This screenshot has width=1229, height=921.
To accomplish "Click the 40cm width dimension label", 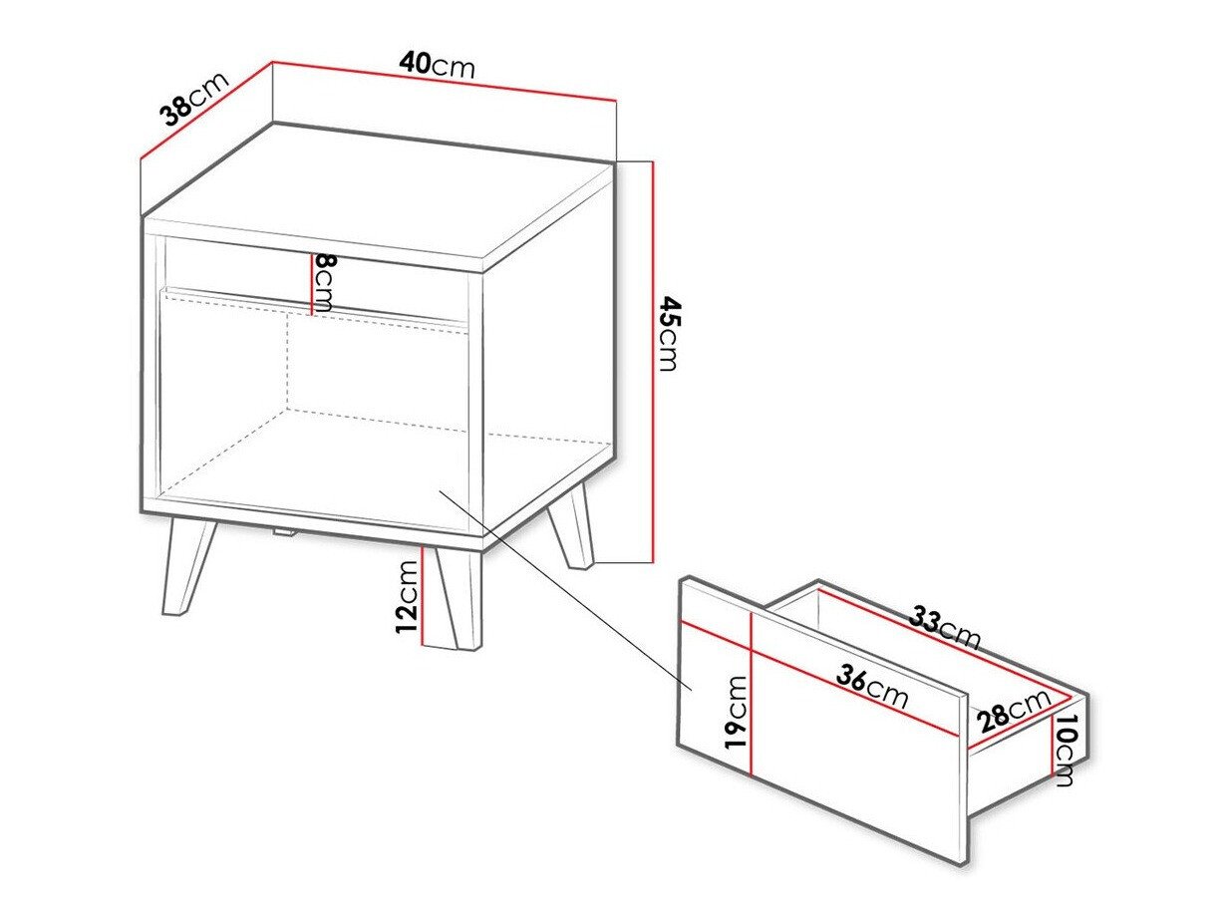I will [x=437, y=65].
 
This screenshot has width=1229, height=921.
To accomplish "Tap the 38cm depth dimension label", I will [x=195, y=98].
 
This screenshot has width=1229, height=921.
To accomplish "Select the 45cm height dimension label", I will [x=669, y=333].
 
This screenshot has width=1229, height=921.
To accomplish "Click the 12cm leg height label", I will [x=407, y=597].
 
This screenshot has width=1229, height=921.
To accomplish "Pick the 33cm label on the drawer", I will [x=944, y=628].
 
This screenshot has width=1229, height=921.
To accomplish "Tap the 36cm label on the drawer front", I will [x=872, y=687].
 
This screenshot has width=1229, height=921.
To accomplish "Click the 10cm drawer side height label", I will [x=1066, y=751].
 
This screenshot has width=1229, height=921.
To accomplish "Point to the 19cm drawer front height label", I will [x=736, y=712].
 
